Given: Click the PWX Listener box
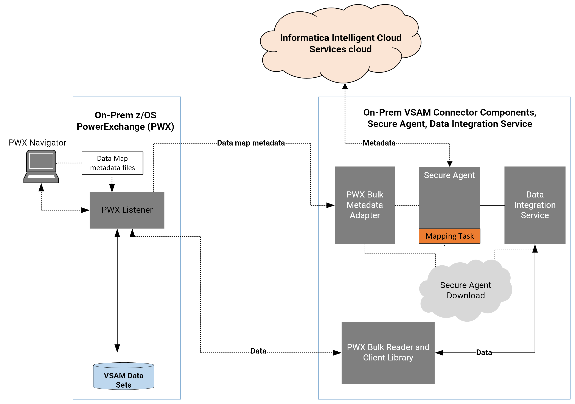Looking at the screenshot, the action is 127,210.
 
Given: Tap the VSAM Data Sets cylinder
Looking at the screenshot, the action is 124,376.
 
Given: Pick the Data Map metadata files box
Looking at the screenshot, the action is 112,163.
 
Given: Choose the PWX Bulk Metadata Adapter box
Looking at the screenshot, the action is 365,205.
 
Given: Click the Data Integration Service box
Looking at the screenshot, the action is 535,205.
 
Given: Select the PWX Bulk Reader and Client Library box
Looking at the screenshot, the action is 388,353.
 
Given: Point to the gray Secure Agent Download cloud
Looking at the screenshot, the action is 466,290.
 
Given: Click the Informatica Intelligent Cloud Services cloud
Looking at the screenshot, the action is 341,43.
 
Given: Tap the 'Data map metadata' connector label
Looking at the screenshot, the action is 251,143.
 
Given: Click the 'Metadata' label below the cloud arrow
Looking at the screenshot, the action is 379,143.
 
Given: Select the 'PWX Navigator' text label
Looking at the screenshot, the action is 37,143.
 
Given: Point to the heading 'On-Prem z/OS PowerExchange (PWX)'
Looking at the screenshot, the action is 126,121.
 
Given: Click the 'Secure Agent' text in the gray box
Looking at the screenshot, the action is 449,175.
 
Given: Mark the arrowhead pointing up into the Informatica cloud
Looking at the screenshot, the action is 345,86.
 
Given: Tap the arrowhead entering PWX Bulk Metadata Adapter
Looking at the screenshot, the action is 331,205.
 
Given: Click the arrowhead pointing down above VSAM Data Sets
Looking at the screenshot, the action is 117,348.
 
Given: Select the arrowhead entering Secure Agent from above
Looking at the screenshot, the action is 450,164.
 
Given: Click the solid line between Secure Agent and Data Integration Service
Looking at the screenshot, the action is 492,205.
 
